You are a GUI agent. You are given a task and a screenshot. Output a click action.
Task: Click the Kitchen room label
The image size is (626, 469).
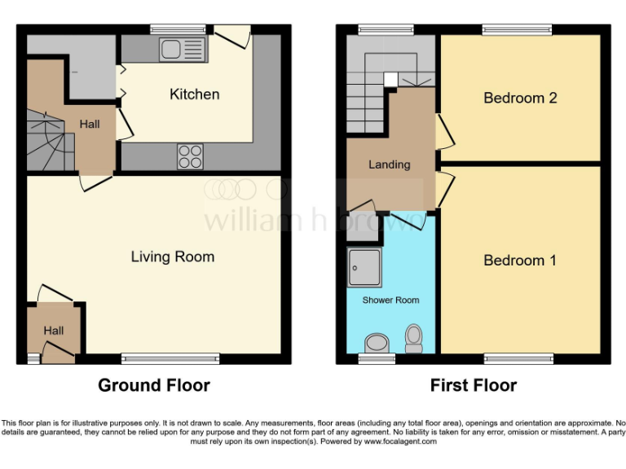[x=194, y=94]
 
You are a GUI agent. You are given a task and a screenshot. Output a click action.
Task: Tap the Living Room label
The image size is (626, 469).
[x=173, y=257]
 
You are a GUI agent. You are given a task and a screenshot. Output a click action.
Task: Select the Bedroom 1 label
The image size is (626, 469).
[x=519, y=261]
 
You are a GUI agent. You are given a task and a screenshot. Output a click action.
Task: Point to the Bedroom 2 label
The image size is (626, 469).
[x=519, y=98]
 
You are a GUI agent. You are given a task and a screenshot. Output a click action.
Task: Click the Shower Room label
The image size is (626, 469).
[x=390, y=300]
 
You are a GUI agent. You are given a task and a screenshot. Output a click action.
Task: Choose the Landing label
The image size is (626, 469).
[x=389, y=164]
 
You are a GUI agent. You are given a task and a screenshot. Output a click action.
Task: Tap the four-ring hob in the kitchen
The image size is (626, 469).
[x=190, y=156]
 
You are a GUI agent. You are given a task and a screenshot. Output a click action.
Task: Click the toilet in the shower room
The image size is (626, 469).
[x=414, y=338]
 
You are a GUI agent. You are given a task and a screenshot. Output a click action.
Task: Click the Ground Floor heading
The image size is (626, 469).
[x=154, y=385]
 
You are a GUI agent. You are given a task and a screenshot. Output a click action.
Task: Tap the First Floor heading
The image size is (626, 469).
[x=474, y=385]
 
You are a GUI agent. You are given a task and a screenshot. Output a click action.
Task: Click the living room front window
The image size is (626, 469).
[x=170, y=357]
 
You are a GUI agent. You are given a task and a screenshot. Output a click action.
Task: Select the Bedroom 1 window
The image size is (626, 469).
[x=519, y=357]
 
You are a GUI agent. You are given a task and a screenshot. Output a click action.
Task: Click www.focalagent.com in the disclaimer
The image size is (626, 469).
[x=401, y=441]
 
